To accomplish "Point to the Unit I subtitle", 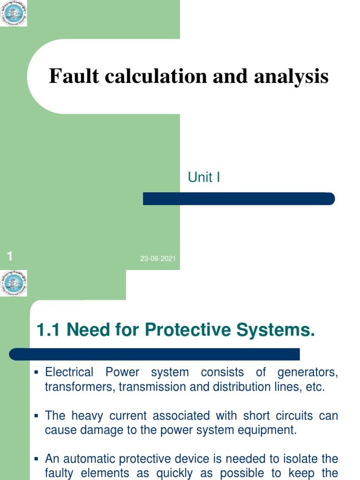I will (204, 178).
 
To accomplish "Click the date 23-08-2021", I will (158, 259).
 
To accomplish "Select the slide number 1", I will (10, 256).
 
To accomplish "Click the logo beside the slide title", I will (14, 13).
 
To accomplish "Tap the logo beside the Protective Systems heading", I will (14, 283).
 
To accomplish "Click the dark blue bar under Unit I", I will (239, 199).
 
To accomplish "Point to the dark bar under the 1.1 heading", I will (155, 354).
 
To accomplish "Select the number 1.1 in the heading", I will (48, 330).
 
